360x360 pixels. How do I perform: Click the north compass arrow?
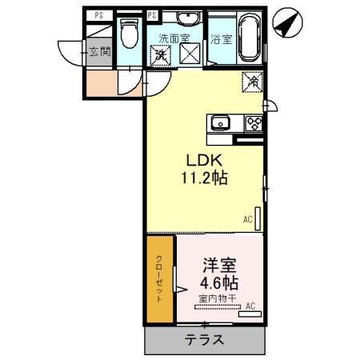click(285, 22)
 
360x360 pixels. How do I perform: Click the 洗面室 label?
click(174, 38)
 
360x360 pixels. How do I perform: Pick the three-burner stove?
click(254, 122)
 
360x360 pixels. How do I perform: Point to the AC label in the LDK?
click(247, 218)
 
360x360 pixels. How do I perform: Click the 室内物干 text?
click(218, 299)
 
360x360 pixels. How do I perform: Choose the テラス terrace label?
click(204, 339)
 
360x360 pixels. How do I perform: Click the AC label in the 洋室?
click(250, 306)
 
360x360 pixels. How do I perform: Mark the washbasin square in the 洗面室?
click(192, 55)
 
